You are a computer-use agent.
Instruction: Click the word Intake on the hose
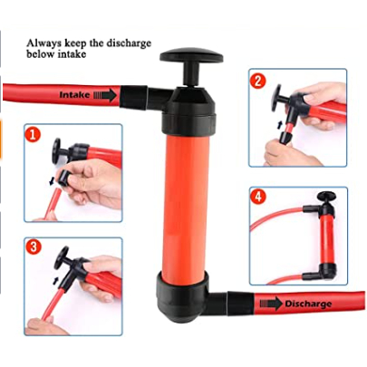click(x=74, y=95)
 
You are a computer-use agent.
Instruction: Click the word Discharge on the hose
click(x=308, y=304)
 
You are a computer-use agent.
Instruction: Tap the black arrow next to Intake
click(x=105, y=95)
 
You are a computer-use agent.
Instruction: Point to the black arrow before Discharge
click(x=271, y=304)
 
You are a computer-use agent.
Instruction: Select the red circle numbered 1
click(x=33, y=135)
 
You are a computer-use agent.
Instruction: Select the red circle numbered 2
click(x=257, y=82)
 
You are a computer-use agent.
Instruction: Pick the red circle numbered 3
click(x=34, y=246)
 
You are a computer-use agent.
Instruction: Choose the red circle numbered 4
click(x=257, y=198)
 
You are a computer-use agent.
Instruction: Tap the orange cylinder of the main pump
click(x=185, y=206)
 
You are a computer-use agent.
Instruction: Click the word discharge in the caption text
click(x=128, y=43)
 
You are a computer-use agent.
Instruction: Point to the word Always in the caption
click(x=41, y=43)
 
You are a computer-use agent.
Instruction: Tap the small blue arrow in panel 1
click(x=52, y=181)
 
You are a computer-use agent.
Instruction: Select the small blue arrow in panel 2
click(x=280, y=124)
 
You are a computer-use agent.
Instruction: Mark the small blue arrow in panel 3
click(x=56, y=281)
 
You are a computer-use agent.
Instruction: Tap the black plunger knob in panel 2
click(x=277, y=97)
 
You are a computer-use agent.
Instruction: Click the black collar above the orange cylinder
click(x=188, y=122)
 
